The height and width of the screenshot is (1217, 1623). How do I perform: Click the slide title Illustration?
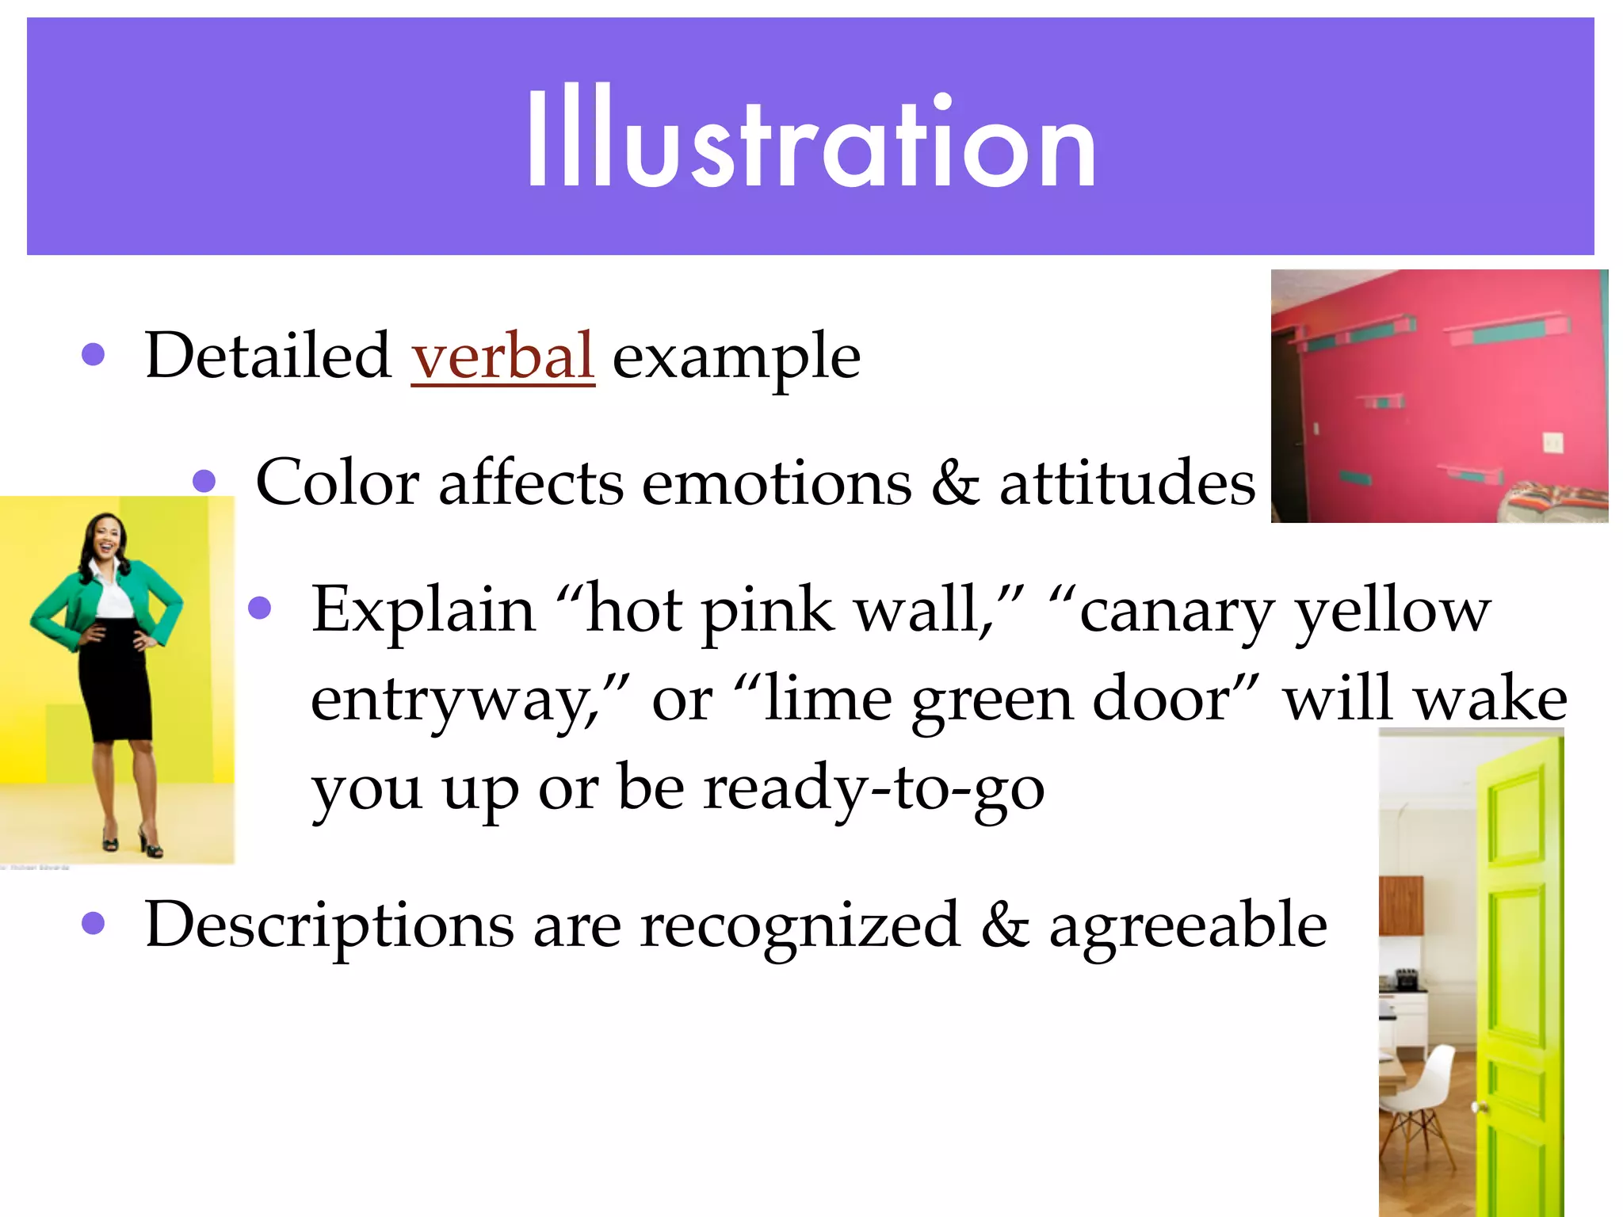click(x=811, y=139)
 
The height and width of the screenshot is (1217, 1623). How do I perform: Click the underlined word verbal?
click(x=502, y=356)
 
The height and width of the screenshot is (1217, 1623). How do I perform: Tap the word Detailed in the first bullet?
click(x=267, y=356)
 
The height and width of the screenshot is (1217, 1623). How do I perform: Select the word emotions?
click(x=777, y=483)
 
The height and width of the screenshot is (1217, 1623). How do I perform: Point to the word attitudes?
click(x=1127, y=483)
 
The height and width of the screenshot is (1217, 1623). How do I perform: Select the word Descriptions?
click(x=329, y=925)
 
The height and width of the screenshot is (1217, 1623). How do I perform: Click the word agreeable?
click(x=1188, y=925)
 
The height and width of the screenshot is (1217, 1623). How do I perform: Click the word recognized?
click(x=800, y=925)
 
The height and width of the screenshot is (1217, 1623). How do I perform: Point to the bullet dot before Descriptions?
click(x=93, y=923)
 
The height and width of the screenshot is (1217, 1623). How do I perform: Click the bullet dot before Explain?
click(x=259, y=608)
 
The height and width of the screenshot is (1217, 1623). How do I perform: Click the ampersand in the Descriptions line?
click(x=1004, y=925)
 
